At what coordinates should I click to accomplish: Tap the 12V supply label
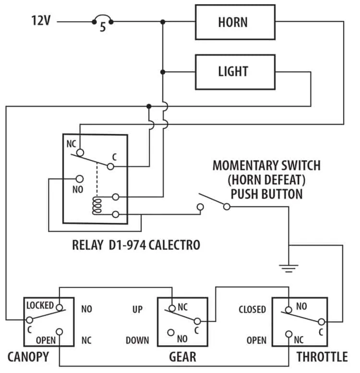tap(41, 21)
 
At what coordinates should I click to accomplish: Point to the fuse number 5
tap(103, 27)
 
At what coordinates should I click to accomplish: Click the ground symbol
tap(288, 268)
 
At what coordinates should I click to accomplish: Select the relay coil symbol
tap(97, 205)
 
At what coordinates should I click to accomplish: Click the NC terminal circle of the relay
tap(80, 153)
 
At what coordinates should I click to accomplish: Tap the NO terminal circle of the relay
tap(79, 179)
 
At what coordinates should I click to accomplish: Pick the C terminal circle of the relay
tap(110, 167)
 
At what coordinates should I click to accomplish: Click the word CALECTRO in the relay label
tap(174, 245)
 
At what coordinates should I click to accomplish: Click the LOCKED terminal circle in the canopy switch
tap(59, 308)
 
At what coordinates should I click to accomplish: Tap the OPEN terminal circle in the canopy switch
tap(59, 332)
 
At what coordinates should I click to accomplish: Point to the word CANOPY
tap(28, 357)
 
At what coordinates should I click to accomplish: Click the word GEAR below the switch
tap(182, 357)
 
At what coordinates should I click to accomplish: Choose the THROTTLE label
tap(322, 357)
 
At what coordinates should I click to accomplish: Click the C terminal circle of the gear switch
tap(197, 321)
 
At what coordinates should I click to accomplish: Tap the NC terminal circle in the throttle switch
tap(288, 334)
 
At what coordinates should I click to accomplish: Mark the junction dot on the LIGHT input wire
tap(163, 72)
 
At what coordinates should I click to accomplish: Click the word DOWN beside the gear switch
tap(137, 340)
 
